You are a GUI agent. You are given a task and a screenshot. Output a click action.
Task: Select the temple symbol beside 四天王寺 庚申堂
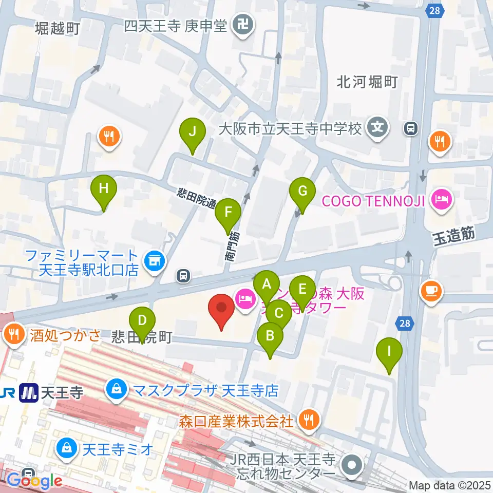coord(240,25)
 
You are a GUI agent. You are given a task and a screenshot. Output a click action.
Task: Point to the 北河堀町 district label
coord(367,82)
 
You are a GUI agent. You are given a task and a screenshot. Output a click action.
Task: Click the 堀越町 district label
coord(58,28)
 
